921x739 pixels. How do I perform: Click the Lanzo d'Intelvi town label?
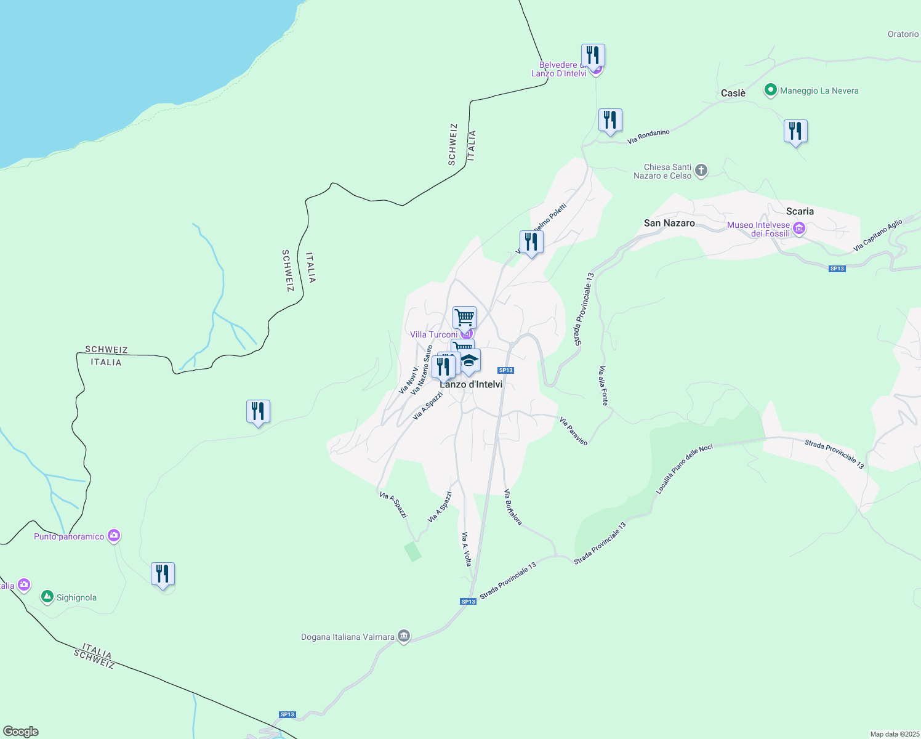[x=471, y=385]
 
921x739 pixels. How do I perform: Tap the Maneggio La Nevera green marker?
[x=770, y=91]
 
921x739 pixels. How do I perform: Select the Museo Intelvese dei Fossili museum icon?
[x=799, y=229]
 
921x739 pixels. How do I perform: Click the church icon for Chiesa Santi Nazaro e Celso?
[x=701, y=170]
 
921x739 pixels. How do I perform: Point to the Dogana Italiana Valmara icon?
[x=404, y=636]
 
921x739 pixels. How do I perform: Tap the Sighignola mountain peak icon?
[x=47, y=597]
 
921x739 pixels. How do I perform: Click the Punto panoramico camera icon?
[x=114, y=536]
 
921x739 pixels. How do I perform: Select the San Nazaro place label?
[x=669, y=223]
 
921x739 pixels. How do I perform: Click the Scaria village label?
[x=800, y=211]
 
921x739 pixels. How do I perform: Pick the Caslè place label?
[x=733, y=93]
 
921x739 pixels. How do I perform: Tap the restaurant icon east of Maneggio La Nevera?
[x=795, y=131]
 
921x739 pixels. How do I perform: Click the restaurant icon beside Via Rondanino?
[x=610, y=120]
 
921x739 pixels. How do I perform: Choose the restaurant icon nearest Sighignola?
[x=163, y=574]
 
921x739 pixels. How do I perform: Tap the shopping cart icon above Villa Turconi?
[x=464, y=318]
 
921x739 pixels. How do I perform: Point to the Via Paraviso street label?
[x=573, y=430]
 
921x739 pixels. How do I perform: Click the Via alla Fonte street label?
[x=603, y=386]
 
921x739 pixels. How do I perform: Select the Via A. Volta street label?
[x=467, y=549]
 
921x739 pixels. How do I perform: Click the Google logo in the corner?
[x=21, y=732]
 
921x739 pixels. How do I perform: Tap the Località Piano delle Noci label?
[x=684, y=469]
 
